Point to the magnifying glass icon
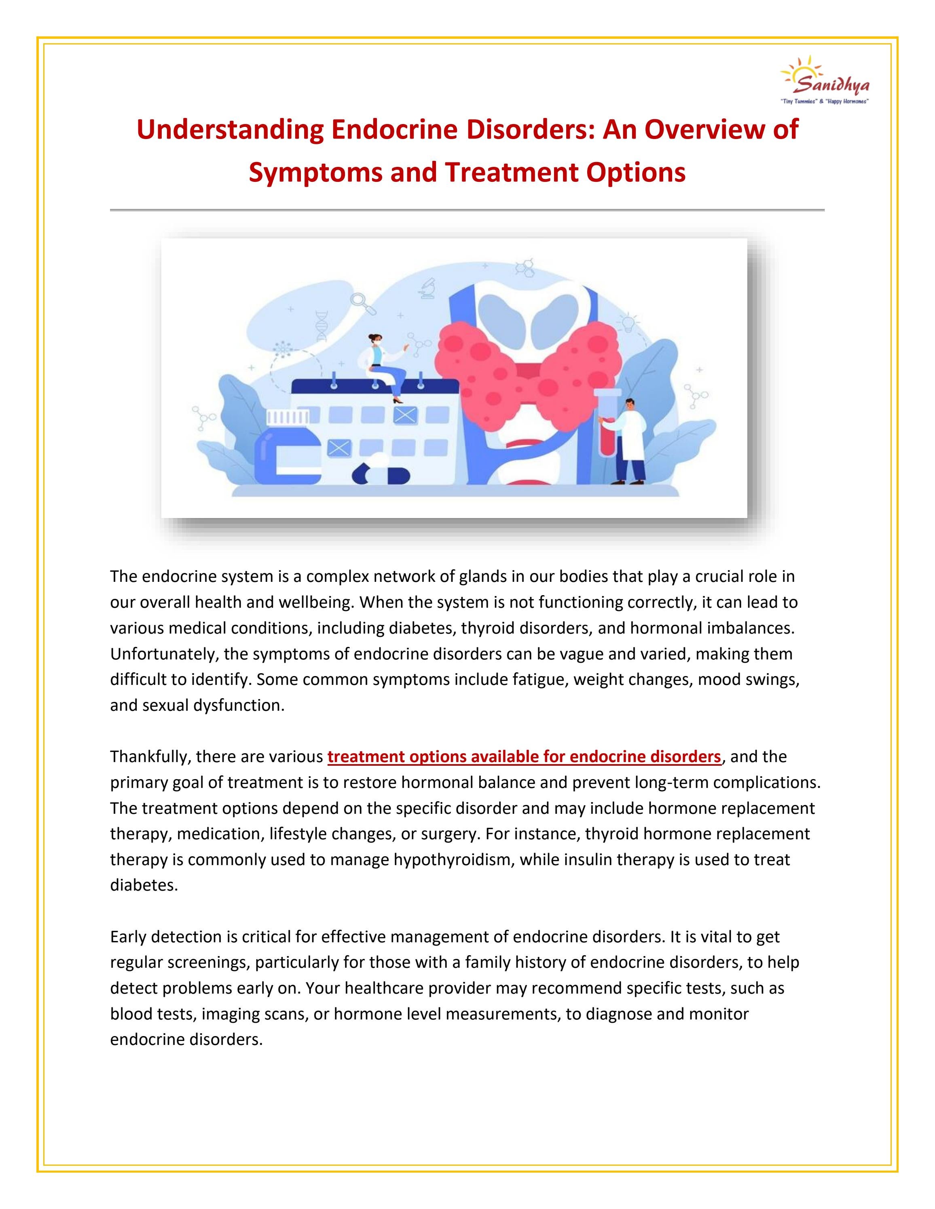[362, 302]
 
